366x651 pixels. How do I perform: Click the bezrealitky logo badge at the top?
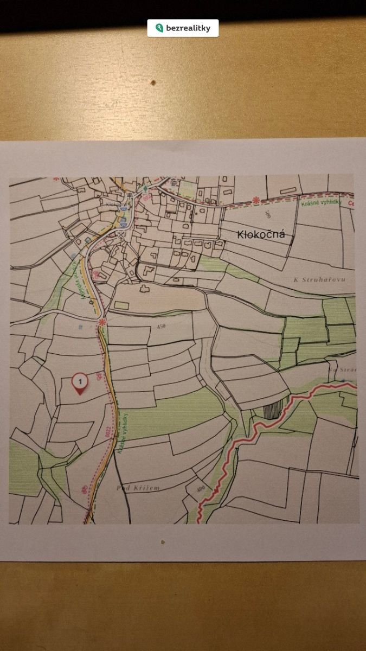[x=183, y=28]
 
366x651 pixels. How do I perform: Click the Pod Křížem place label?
[x=138, y=488]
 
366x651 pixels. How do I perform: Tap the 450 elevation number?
[x=160, y=327]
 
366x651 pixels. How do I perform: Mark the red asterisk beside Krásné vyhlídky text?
[x=256, y=200]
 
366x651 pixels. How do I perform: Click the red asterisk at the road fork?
[x=101, y=322]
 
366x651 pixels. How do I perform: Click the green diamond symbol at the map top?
[x=145, y=188]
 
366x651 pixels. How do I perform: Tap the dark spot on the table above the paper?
[x=153, y=83]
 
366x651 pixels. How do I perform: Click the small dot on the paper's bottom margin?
[x=162, y=541]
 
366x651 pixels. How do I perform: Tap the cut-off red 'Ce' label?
[x=350, y=203]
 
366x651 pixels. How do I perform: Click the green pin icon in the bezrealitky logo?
[x=159, y=28]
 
